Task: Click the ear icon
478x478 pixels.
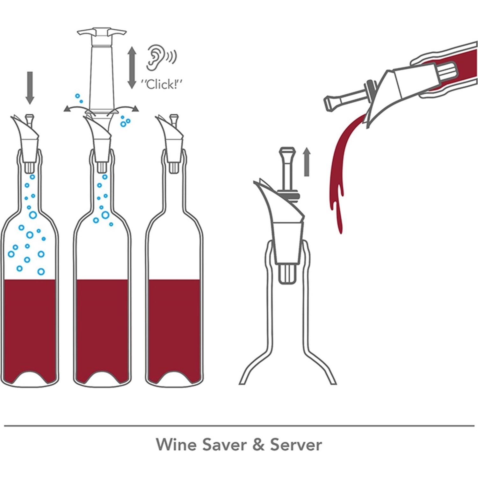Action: (x=155, y=58)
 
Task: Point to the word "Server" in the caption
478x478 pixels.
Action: (x=296, y=444)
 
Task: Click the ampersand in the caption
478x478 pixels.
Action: (x=259, y=444)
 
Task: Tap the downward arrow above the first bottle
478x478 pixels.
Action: (x=30, y=88)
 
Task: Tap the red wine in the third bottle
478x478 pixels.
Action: (x=174, y=328)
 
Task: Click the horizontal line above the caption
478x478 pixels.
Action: (x=239, y=425)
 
